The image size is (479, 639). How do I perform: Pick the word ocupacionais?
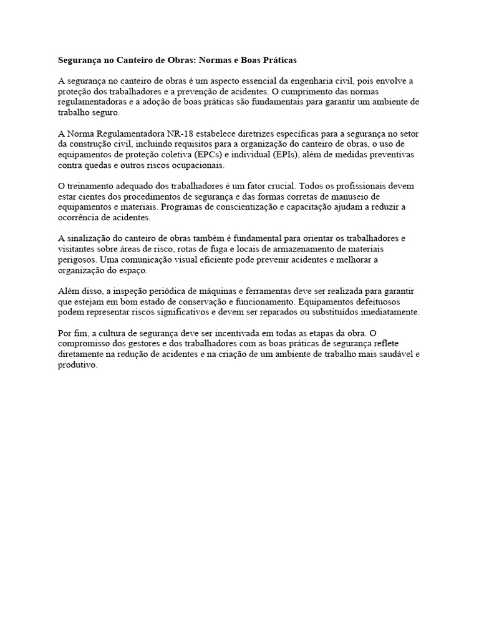pos(193,165)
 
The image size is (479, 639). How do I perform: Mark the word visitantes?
pos(79,250)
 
